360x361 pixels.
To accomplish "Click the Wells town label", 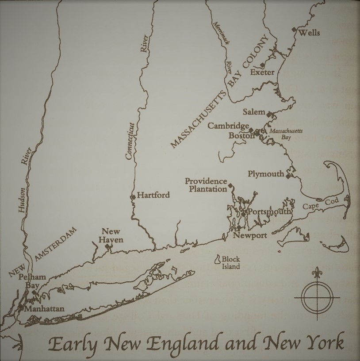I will click(309, 33).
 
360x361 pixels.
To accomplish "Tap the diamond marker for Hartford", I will click(133, 196).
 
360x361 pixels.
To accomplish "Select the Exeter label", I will click(262, 72).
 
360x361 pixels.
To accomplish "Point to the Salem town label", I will click(254, 112).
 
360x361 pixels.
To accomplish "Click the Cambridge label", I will click(229, 126).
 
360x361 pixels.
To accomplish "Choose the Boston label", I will click(241, 136).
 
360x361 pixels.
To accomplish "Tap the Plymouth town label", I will click(266, 174).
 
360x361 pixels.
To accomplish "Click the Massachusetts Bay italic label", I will click(280, 134).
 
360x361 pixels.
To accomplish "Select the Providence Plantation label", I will click(206, 185).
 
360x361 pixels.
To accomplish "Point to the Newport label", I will click(250, 235).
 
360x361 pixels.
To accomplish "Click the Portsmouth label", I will click(269, 211).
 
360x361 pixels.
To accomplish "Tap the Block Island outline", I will click(218, 260).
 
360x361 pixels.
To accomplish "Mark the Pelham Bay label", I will click(32, 281).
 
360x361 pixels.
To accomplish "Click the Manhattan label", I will click(44, 308).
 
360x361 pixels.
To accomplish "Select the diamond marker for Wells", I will click(294, 29).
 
